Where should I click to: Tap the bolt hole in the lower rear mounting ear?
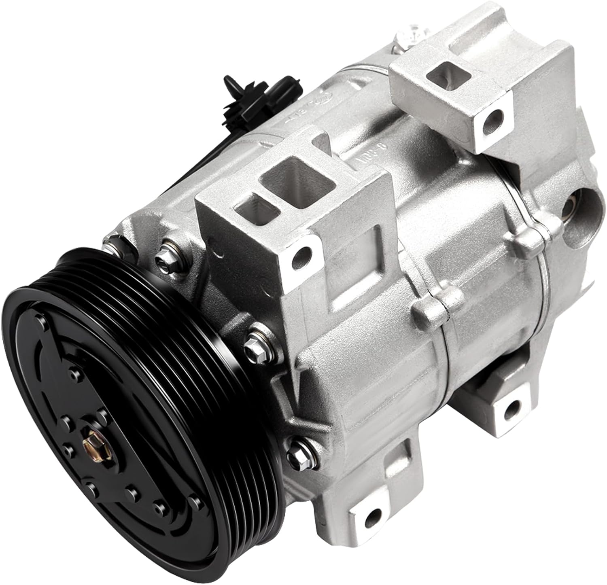pos(513,408)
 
